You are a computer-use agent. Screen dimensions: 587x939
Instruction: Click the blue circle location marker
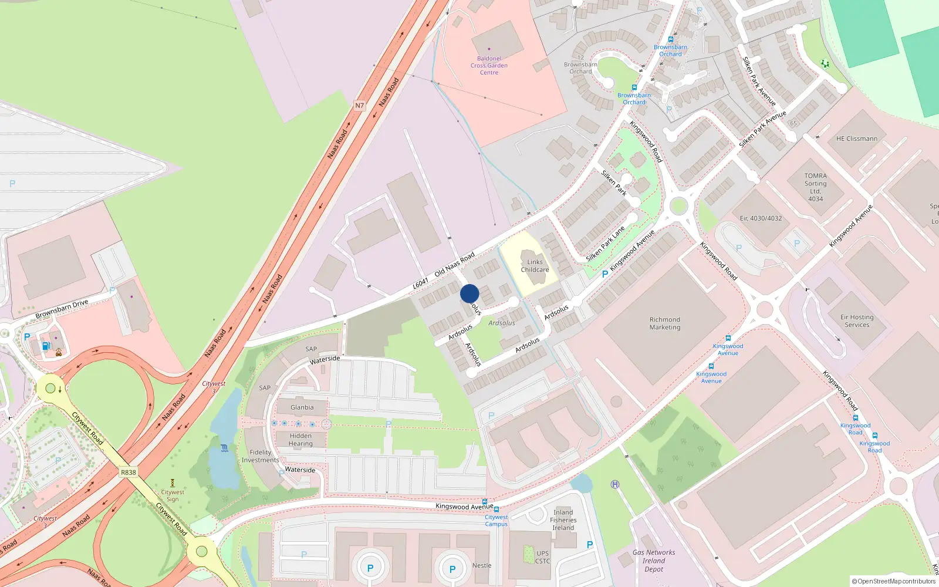point(469,293)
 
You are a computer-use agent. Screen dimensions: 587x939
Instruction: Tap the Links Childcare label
point(535,266)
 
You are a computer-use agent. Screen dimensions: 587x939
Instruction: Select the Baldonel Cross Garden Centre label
point(489,65)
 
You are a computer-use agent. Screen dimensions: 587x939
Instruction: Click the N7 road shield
point(359,106)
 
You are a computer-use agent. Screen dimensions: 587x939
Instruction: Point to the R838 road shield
point(128,472)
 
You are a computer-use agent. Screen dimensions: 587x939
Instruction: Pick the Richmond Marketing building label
point(664,323)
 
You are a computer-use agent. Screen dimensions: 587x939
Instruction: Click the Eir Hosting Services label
point(857,321)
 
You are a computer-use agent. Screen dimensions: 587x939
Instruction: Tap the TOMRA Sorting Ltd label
point(815,187)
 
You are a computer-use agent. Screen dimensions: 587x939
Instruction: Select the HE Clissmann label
point(856,139)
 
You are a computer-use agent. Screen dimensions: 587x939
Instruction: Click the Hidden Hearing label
point(300,440)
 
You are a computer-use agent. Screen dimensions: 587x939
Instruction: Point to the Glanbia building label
point(302,407)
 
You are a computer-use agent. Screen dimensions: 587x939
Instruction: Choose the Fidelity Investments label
point(261,456)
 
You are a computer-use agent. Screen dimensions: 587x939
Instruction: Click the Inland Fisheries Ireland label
point(563,520)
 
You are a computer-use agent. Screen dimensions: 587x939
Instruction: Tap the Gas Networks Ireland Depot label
point(653,561)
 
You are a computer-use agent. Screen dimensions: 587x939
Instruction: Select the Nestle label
point(482,565)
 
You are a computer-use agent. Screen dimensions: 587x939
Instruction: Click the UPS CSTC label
point(542,557)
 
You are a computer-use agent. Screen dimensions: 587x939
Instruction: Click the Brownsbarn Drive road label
point(62,309)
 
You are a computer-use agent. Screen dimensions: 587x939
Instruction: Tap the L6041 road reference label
point(420,284)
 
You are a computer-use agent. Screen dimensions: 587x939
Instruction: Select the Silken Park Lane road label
point(605,244)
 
